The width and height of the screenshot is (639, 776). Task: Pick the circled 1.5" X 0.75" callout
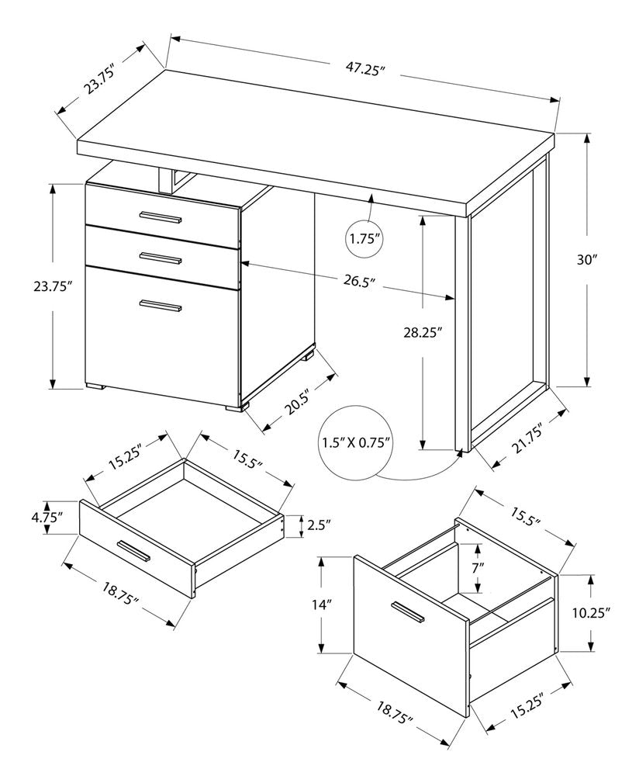(x=356, y=443)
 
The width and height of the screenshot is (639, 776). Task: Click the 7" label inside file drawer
(x=478, y=566)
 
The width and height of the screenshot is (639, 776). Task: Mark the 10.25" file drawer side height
(x=592, y=612)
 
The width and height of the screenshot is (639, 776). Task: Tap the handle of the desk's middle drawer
(x=161, y=255)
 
